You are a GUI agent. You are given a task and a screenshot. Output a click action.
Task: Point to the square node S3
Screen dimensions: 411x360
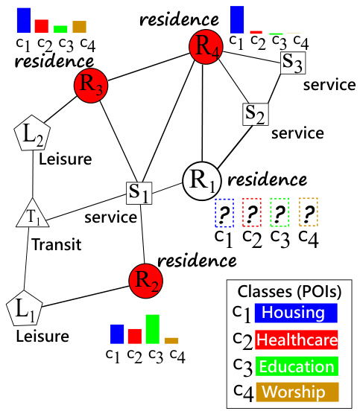[x=292, y=63]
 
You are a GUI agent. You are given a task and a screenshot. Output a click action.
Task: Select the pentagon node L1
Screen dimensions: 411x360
[x=24, y=308]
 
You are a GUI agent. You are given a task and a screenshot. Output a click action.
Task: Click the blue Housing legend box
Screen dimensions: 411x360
[x=296, y=312]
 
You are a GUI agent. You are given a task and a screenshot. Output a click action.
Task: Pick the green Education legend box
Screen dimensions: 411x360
[x=296, y=366]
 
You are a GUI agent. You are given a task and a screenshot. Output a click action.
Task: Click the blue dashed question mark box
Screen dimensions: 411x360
[x=224, y=212]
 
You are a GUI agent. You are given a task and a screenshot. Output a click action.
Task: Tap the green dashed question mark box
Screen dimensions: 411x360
[x=280, y=212]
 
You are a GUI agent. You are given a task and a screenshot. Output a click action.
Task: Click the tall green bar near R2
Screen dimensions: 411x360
[x=152, y=328]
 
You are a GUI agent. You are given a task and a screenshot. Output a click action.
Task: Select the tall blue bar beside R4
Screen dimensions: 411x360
[x=237, y=19]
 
